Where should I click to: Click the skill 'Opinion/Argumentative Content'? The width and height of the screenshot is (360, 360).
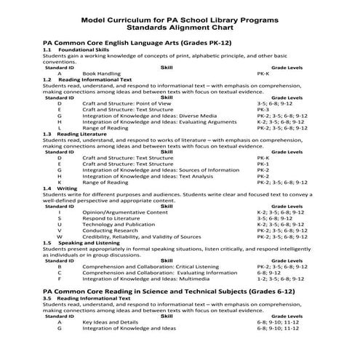click(120, 212)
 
